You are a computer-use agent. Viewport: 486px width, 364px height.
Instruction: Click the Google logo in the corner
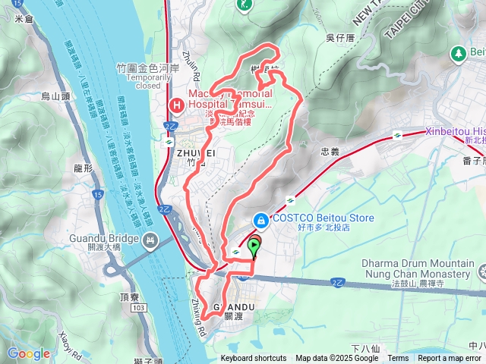(x=28, y=353)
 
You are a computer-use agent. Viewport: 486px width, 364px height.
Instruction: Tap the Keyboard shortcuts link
(x=254, y=359)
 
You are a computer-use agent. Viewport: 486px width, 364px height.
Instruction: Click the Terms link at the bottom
(x=398, y=359)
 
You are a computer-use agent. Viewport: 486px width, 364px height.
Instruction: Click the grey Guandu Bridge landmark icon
(x=150, y=242)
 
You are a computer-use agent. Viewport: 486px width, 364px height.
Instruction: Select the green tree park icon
(x=458, y=53)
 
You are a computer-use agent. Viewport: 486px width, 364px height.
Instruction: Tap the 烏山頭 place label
(x=55, y=96)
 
